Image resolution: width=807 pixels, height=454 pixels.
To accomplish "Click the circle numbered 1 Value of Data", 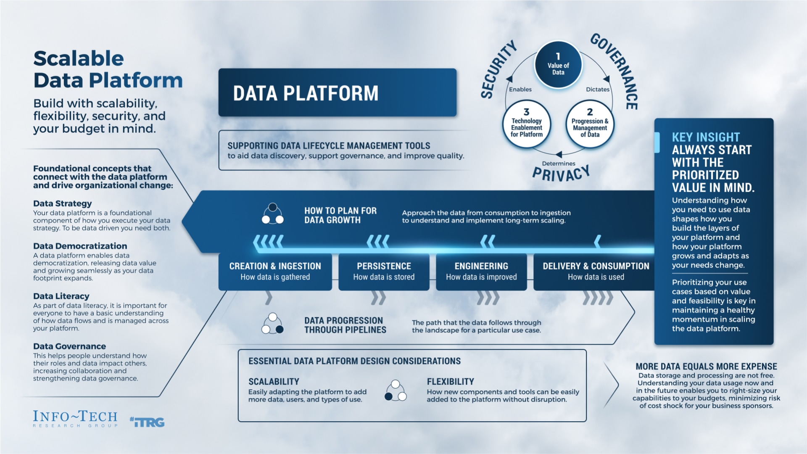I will [x=558, y=65].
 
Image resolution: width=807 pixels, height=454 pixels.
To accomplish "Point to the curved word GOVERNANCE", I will [x=617, y=69].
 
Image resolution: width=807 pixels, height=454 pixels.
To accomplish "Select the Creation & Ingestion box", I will [x=275, y=271].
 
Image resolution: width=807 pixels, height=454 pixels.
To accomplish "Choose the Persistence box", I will [x=384, y=271].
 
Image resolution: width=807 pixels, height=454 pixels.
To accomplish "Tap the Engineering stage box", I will [x=481, y=271].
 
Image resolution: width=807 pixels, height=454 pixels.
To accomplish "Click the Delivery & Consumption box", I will [x=596, y=271].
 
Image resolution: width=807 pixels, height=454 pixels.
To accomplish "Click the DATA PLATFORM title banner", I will [x=337, y=92].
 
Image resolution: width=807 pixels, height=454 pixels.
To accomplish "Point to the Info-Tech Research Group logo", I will [x=75, y=419].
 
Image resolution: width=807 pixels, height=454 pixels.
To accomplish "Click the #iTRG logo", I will [x=147, y=422].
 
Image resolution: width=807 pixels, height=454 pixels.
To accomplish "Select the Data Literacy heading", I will [x=61, y=296].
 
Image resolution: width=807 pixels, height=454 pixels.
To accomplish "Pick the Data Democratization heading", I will [x=80, y=246].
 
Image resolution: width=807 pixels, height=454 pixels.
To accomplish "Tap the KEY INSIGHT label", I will [x=706, y=137].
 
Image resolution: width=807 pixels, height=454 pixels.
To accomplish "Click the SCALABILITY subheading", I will [x=274, y=382].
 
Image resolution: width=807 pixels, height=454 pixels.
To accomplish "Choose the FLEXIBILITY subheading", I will [x=450, y=382].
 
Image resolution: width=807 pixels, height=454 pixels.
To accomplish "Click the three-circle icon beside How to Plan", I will [x=273, y=214].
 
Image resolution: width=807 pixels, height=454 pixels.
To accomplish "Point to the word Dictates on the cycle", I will [x=597, y=90].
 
